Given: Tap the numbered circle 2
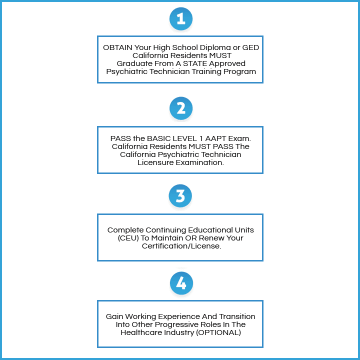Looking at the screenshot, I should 180,108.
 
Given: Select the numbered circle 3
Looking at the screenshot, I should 180,196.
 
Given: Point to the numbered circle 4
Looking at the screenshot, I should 180,283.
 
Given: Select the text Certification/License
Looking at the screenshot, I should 180,246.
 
